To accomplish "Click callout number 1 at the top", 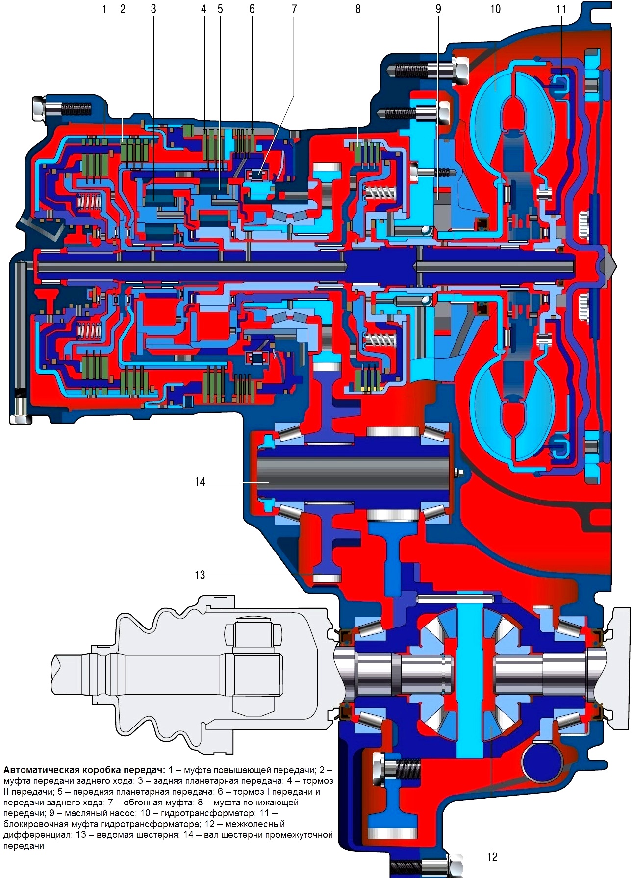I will point(104,9).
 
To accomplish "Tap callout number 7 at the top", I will point(294,9).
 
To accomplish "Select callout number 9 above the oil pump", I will point(438,9).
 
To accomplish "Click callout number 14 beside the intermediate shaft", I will point(200,482).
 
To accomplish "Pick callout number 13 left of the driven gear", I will point(200,575).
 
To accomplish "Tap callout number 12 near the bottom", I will point(492,856).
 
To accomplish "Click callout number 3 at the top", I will point(153,9).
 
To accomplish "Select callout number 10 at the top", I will point(495,9).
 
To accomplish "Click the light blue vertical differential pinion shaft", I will point(469,681).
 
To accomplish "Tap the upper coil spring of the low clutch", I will point(381,192).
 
